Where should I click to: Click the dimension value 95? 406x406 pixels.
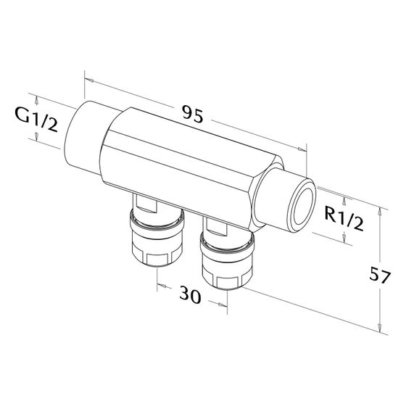193,114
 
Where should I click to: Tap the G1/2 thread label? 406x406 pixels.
36,120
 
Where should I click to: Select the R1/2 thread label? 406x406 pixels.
344,218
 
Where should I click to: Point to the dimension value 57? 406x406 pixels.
379,275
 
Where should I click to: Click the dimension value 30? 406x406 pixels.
190,294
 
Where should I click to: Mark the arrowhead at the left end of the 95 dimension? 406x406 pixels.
90,80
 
